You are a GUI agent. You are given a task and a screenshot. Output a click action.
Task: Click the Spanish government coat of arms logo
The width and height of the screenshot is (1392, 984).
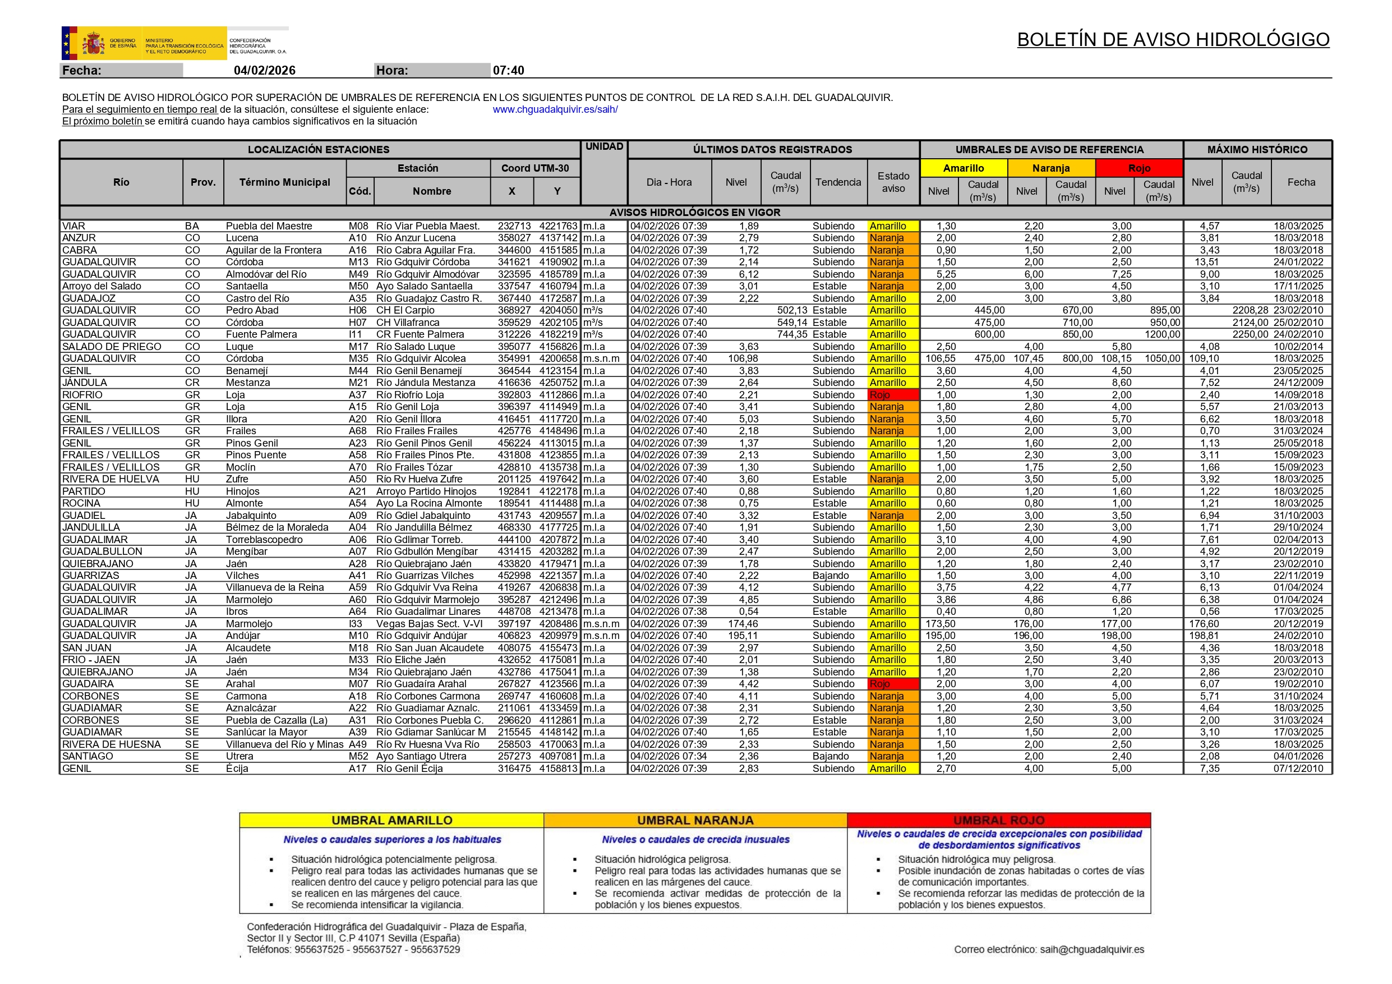pyautogui.click(x=93, y=44)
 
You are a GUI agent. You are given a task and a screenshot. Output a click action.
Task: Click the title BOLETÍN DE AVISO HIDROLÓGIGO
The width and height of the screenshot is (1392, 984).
pyautogui.click(x=1173, y=39)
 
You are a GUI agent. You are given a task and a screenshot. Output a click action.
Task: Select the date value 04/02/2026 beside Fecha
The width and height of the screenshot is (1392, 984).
pyautogui.click(x=264, y=70)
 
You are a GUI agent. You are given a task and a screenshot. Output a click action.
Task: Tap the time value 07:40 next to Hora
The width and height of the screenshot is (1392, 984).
pyautogui.click(x=508, y=70)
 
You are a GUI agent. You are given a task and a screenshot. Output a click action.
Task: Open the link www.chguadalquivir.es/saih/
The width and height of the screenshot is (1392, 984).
pyautogui.click(x=555, y=110)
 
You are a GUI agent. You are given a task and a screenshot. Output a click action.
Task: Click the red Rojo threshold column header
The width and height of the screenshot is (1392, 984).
pyautogui.click(x=1139, y=168)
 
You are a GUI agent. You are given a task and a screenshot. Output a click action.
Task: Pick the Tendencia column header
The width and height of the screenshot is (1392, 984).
pyautogui.click(x=838, y=182)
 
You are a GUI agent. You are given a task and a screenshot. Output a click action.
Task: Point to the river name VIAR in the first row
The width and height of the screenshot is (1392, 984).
pyautogui.click(x=74, y=226)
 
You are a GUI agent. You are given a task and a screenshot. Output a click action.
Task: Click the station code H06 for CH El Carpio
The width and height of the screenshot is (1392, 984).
pyautogui.click(x=358, y=310)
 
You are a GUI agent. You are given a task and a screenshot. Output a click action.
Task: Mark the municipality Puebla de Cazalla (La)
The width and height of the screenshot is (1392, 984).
pyautogui.click(x=276, y=720)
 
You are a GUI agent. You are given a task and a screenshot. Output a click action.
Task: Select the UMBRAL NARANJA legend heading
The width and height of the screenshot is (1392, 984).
pyautogui.click(x=695, y=820)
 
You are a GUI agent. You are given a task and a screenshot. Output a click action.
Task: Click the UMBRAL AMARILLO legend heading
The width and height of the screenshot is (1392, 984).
pyautogui.click(x=391, y=820)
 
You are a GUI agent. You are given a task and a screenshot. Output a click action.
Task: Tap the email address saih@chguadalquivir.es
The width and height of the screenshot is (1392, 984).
pyautogui.click(x=1092, y=949)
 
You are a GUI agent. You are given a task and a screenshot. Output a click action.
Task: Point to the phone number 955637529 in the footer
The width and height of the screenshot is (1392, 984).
pyautogui.click(x=435, y=949)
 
